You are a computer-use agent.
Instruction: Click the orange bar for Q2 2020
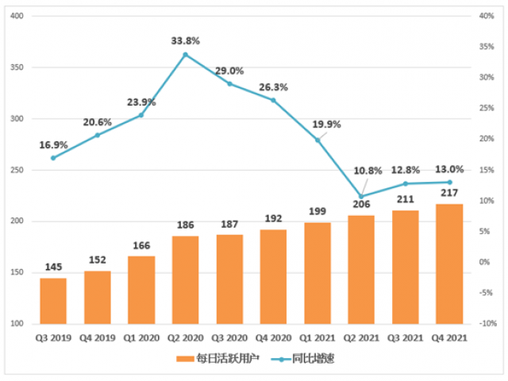tap(186, 279)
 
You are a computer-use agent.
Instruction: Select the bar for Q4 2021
tap(449, 264)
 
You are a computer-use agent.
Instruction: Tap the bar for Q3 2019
tap(53, 300)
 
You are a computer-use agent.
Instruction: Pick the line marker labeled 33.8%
tap(186, 55)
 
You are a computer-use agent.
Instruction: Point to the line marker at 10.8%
tap(361, 196)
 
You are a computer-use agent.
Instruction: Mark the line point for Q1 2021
tap(317, 140)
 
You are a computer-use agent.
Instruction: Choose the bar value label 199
tap(317, 210)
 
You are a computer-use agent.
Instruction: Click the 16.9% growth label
tap(53, 145)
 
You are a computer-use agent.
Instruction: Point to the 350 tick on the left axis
tap(15, 67)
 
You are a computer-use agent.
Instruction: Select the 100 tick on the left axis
tap(15, 324)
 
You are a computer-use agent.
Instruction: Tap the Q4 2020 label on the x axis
tap(274, 337)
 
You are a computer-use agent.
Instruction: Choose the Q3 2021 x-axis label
tap(406, 337)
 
